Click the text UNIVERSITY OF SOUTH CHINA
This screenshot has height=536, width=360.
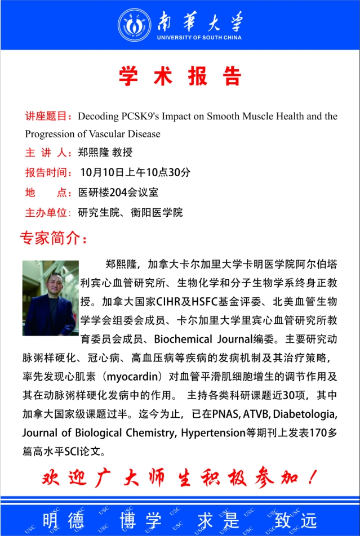point(199,38)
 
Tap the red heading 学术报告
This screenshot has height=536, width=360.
point(180,76)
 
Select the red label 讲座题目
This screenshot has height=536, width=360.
point(47,117)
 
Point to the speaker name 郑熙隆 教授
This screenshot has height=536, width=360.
point(106,153)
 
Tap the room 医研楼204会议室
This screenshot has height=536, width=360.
point(118,192)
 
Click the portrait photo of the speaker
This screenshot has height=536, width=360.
point(51,298)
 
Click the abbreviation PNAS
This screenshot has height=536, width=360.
point(225,415)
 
